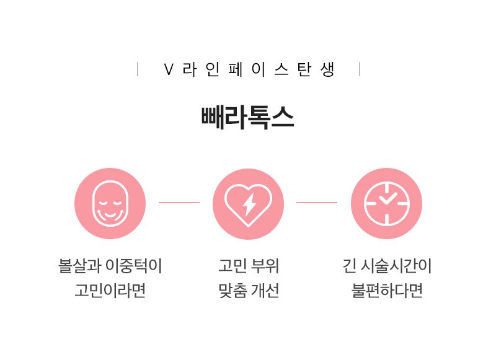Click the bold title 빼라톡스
[247, 118]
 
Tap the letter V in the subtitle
[169, 69]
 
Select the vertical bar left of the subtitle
[137, 69]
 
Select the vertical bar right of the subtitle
[360, 69]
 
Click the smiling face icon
[110, 204]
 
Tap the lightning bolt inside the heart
[249, 204]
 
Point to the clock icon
[386, 204]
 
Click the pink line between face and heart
[179, 202]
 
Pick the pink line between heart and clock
[317, 202]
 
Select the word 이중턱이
[133, 266]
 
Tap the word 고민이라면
[110, 291]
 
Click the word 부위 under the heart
[264, 266]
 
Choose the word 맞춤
[232, 291]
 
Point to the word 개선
[265, 291]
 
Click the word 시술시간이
[396, 266]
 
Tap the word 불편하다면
[387, 291]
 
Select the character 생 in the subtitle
[327, 69]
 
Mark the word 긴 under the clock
[350, 266]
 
